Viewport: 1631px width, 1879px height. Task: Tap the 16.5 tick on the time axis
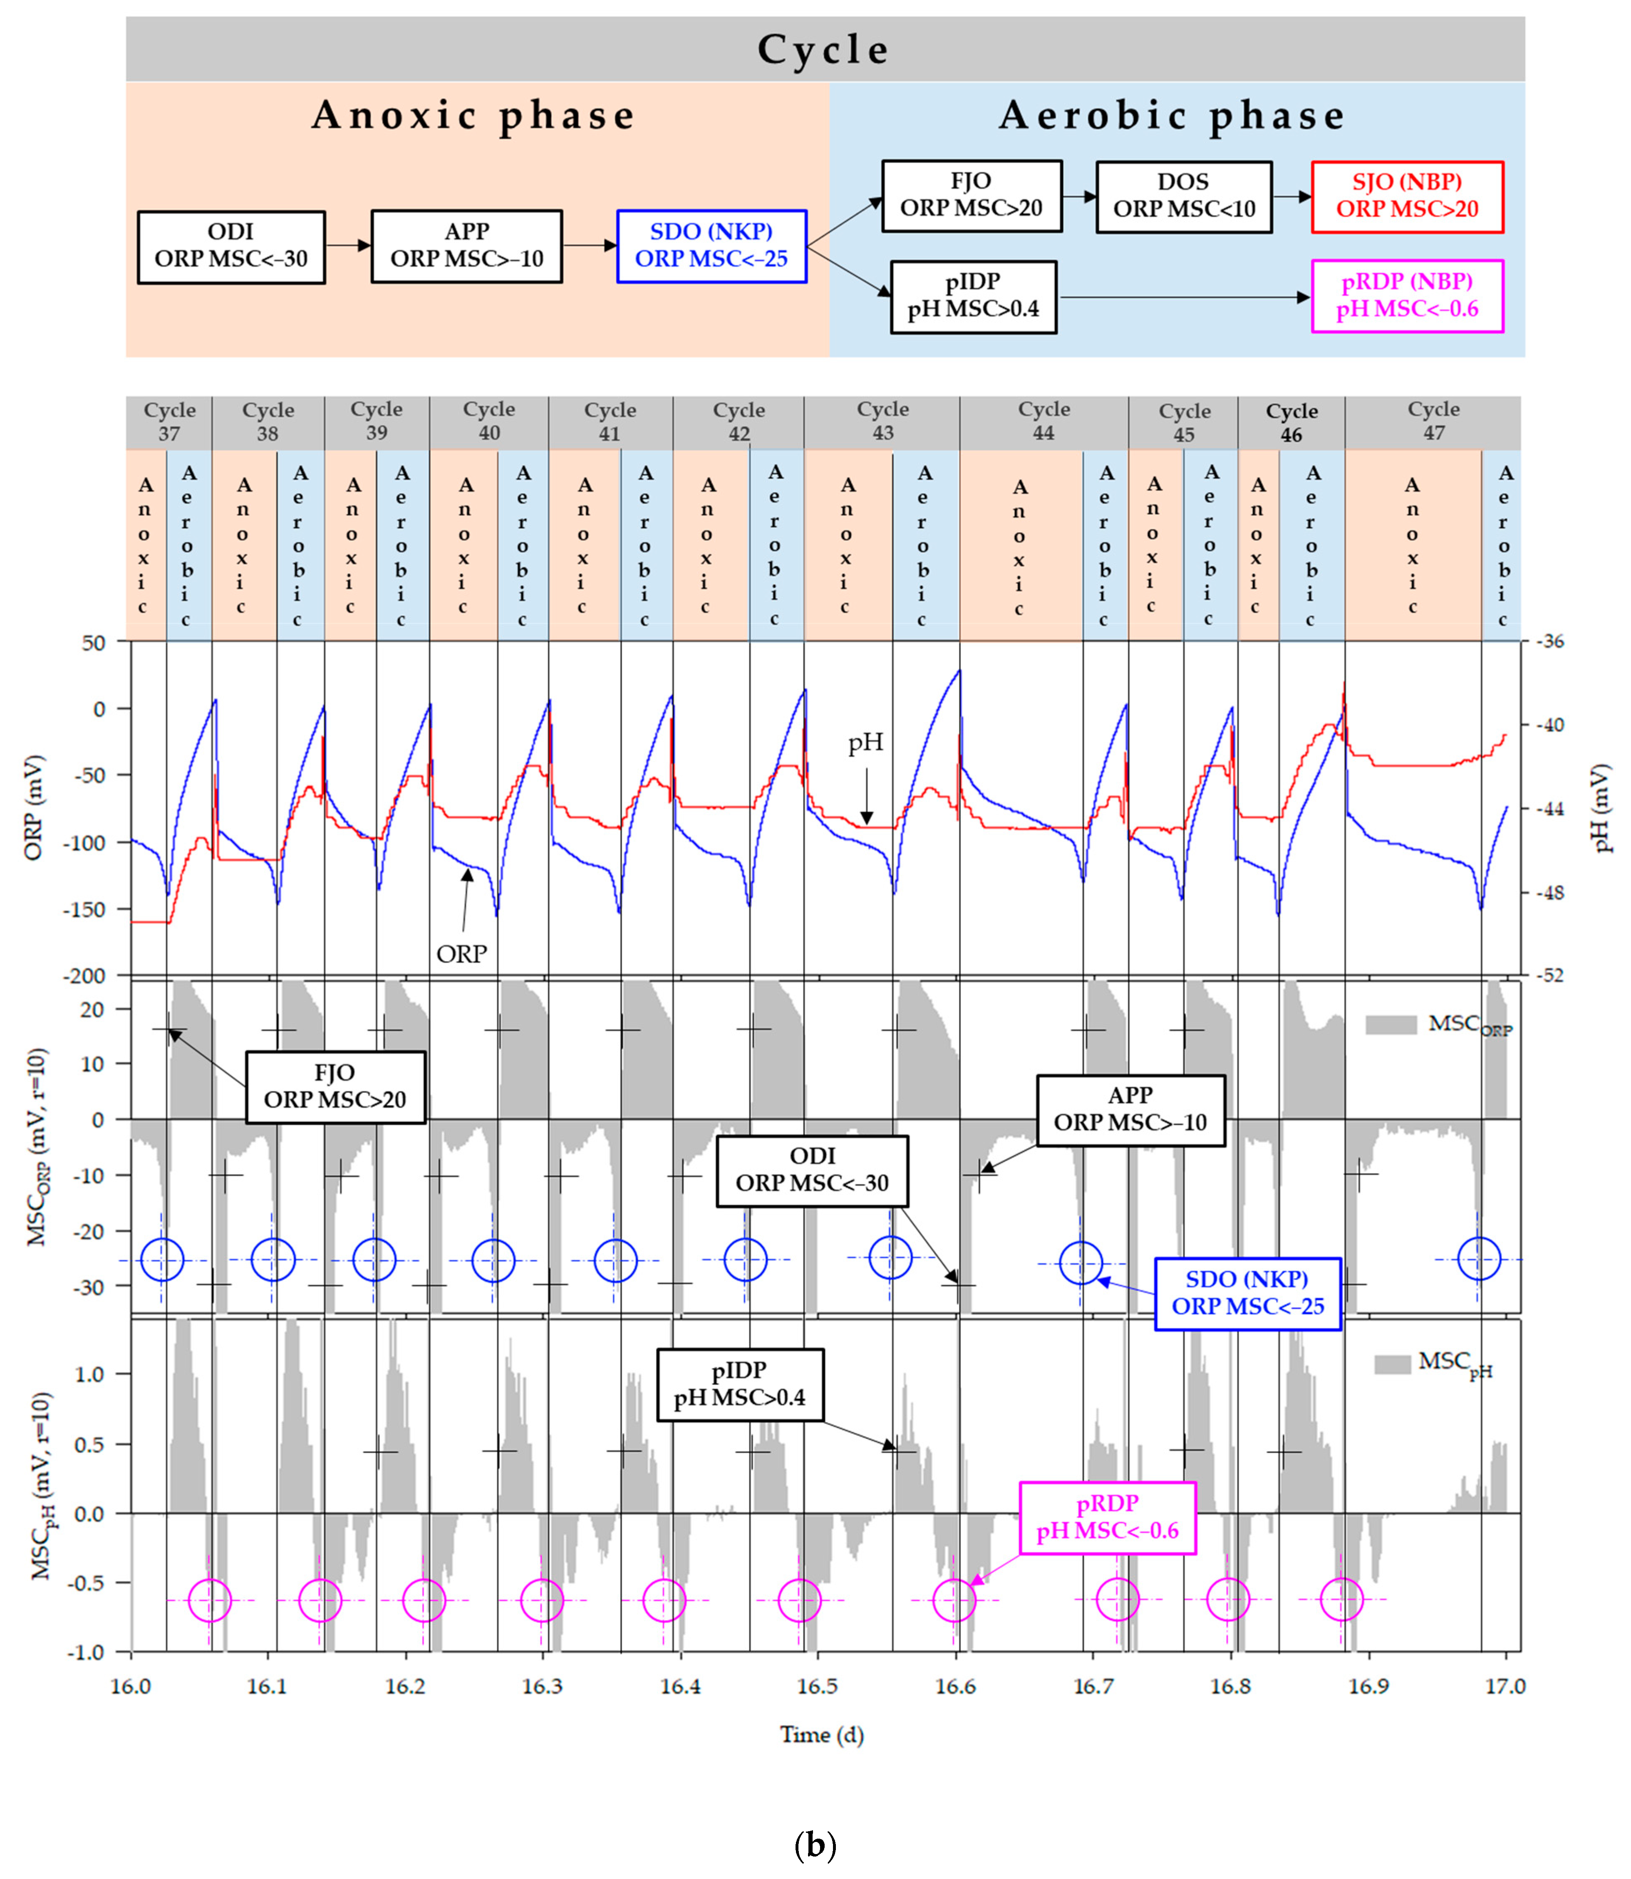click(817, 1686)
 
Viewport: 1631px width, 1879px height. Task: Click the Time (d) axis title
click(821, 1734)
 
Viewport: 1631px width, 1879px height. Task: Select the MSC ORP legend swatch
click(1391, 1025)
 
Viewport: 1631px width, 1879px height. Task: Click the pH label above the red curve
click(865, 743)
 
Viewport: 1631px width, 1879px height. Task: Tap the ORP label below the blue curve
click(461, 953)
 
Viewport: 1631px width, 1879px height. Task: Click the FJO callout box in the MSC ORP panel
click(335, 1087)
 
